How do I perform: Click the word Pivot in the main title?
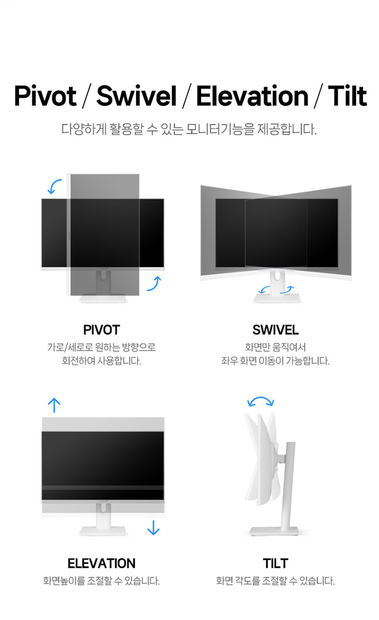point(46,96)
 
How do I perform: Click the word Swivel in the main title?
point(136,96)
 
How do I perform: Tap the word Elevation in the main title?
point(252,96)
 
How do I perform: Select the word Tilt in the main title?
point(348,96)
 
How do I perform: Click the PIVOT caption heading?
point(101,330)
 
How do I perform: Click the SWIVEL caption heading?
point(276,330)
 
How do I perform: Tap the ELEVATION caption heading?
point(101,563)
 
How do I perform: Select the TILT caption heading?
point(276,563)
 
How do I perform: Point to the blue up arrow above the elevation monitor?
point(54,405)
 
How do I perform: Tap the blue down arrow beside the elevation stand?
point(153,528)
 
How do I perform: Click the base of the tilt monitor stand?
point(274,531)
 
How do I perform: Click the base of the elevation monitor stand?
point(103,531)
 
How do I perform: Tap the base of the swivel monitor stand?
point(277,298)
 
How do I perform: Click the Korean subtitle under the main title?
point(189,129)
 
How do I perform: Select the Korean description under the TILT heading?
point(276,581)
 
